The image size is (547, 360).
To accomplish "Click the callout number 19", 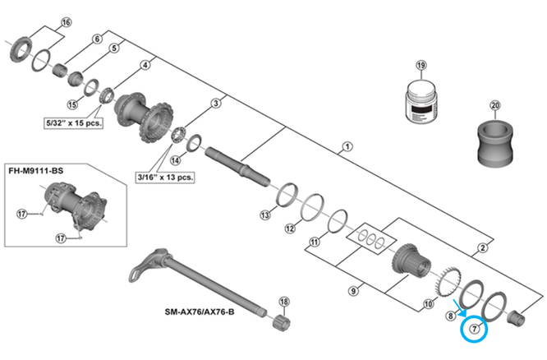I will [421, 66].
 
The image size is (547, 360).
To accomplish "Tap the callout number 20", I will [494, 105].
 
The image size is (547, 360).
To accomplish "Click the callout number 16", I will [67, 21].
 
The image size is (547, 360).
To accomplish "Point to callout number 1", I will [347, 147].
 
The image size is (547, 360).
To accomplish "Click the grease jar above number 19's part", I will [421, 102].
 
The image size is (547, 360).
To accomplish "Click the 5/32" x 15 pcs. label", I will [72, 121].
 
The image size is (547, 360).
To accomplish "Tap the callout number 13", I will [264, 215].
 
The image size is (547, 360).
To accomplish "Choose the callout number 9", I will [354, 289].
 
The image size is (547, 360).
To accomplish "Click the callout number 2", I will [483, 247].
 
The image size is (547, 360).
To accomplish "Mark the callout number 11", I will [314, 242].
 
